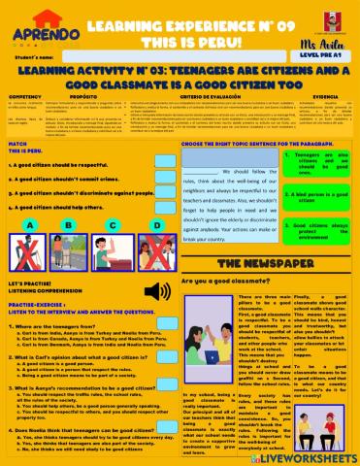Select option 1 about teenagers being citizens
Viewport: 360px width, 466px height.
pos(316,162)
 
